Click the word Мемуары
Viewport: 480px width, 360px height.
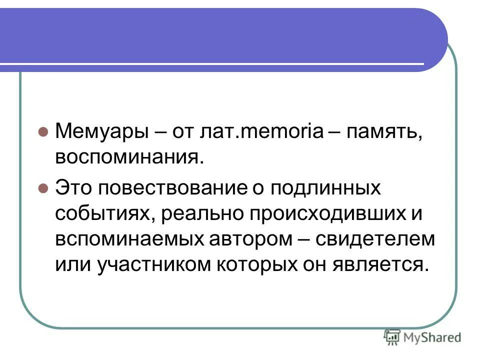pos(102,131)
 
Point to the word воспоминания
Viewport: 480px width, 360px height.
pos(129,157)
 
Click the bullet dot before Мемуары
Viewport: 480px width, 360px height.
pos(43,132)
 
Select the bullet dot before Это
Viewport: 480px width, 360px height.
pos(43,188)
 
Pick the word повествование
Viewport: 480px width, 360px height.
pos(172,187)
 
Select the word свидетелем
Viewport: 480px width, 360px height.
pos(375,238)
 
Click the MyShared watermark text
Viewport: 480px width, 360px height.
pos(432,337)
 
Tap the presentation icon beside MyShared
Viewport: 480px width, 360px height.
pos(392,337)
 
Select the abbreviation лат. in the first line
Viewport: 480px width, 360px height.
pos(220,131)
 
